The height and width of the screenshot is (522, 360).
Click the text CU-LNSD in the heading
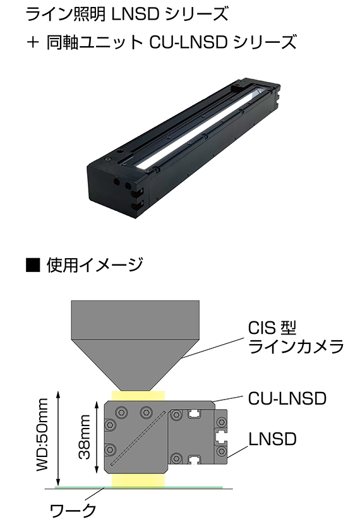(x=188, y=43)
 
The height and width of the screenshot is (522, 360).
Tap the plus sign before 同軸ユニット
(x=33, y=43)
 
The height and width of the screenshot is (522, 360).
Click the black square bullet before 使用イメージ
(x=32, y=265)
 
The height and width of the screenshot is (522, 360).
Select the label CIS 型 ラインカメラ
(x=296, y=337)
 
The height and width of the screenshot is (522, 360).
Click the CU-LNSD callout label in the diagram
(x=287, y=398)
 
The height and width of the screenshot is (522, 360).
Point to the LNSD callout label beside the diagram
(x=272, y=439)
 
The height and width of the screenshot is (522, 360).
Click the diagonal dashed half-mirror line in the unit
(x=138, y=438)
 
